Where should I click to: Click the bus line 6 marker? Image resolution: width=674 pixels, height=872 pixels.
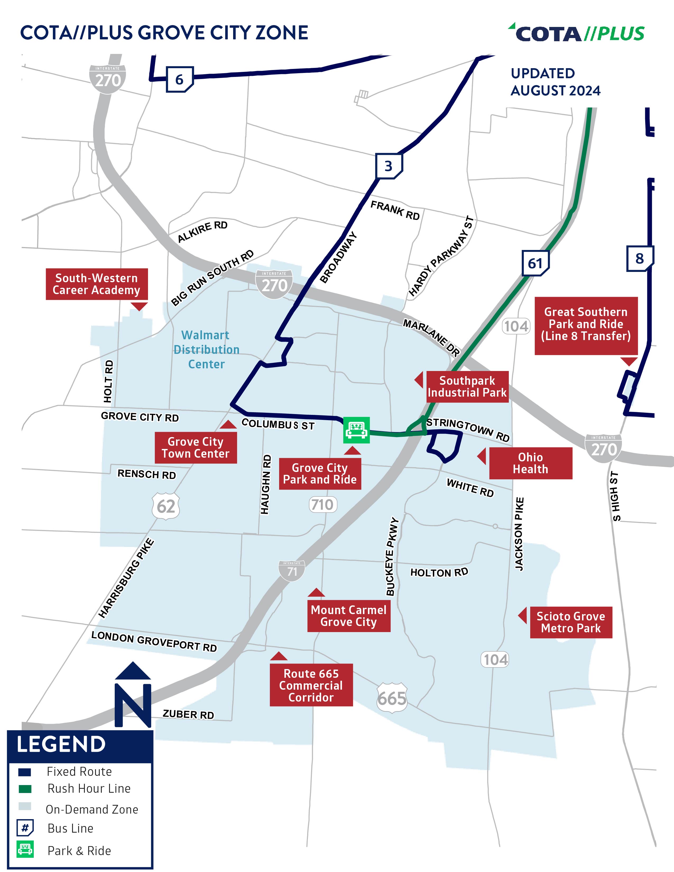(179, 80)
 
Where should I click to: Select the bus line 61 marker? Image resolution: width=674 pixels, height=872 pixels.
(535, 263)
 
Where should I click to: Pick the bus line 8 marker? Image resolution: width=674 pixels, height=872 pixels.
(639, 259)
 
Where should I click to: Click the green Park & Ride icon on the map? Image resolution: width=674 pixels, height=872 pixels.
(356, 430)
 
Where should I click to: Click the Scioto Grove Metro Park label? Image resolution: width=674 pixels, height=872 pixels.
(571, 622)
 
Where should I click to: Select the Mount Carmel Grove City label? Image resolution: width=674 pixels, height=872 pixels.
(349, 616)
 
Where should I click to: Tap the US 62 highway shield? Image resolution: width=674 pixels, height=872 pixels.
(166, 506)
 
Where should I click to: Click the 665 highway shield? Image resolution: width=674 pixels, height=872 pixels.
(392, 698)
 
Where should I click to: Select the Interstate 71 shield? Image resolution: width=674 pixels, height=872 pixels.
(292, 570)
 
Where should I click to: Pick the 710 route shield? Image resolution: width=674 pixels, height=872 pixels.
(323, 505)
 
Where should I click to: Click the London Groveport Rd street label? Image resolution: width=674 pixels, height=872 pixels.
(154, 642)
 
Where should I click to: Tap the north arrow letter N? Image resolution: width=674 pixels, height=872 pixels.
(133, 705)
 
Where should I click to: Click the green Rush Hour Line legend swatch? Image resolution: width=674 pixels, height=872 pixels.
(25, 789)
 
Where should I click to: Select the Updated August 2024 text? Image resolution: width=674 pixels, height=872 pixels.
(555, 82)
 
